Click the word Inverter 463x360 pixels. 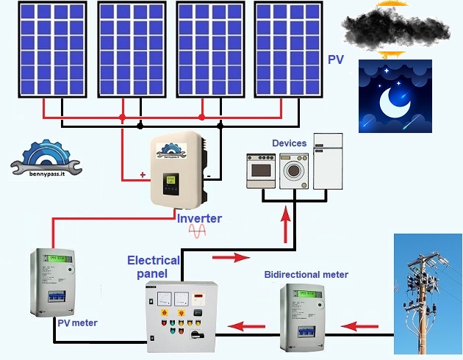198,218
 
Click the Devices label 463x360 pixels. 290,143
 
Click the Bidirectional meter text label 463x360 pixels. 306,275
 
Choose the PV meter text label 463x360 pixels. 76,323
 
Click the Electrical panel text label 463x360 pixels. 153,267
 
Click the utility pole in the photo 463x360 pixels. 424,294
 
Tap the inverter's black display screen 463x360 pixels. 171,180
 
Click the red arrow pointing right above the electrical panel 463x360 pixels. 226,259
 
